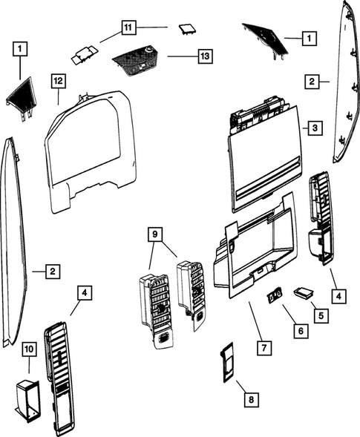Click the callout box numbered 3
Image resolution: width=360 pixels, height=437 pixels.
click(x=315, y=128)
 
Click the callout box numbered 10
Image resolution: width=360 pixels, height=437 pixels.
click(x=29, y=347)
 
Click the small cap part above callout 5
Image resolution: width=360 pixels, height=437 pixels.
click(x=304, y=292)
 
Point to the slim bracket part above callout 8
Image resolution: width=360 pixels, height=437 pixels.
click(x=229, y=362)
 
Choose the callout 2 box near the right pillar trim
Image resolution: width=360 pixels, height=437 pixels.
click(x=315, y=81)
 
